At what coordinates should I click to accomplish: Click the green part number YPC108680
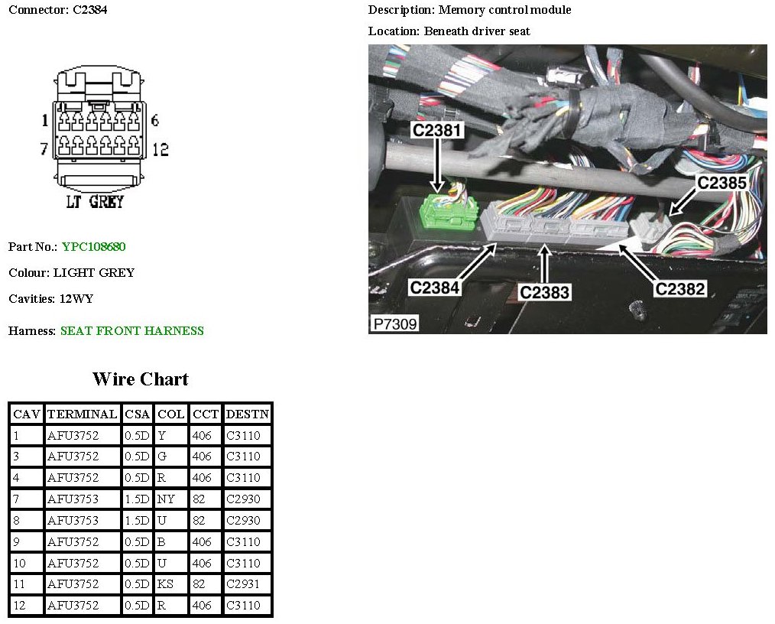pyautogui.click(x=94, y=247)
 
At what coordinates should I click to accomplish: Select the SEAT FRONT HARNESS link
pyautogui.click(x=132, y=331)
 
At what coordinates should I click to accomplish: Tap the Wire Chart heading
pyautogui.click(x=140, y=379)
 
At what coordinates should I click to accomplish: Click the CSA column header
pyautogui.click(x=138, y=414)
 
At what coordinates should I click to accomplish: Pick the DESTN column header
pyautogui.click(x=248, y=414)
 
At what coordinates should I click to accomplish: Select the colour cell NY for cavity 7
pyautogui.click(x=166, y=499)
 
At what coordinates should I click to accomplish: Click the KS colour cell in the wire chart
pyautogui.click(x=166, y=585)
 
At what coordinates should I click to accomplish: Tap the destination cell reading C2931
pyautogui.click(x=244, y=585)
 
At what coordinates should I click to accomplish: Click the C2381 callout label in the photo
pyautogui.click(x=437, y=131)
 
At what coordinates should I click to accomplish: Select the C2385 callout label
pyautogui.click(x=721, y=183)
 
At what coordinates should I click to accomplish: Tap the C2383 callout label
pyautogui.click(x=545, y=292)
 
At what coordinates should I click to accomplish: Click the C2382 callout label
pyautogui.click(x=679, y=288)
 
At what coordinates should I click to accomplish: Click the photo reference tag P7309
pyautogui.click(x=395, y=324)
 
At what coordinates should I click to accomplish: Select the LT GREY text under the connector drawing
pyautogui.click(x=96, y=202)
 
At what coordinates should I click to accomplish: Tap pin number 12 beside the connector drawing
pyautogui.click(x=160, y=150)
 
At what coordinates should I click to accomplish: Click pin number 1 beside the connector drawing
pyautogui.click(x=44, y=120)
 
